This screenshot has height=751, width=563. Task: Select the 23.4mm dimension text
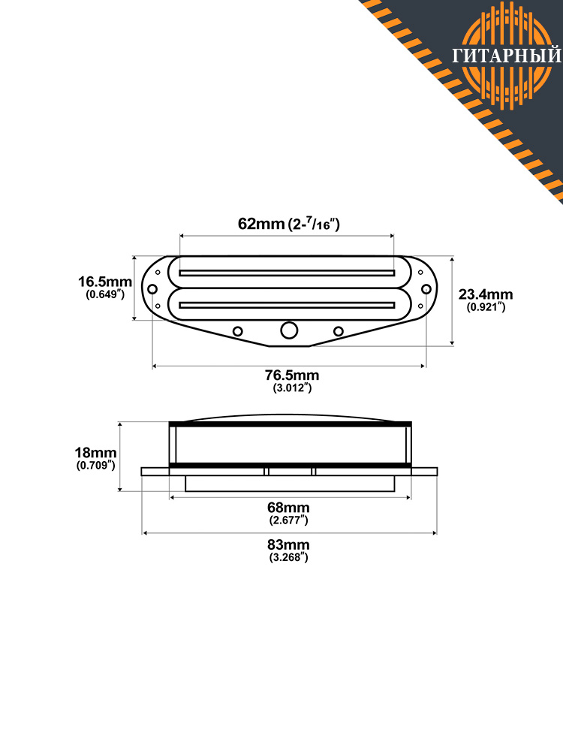486,294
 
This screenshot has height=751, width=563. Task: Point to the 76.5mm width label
292,375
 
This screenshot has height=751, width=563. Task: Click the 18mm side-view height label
95,453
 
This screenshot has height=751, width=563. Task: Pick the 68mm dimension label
288,507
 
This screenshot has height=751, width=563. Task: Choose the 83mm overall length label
288,544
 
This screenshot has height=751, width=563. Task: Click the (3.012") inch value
292,388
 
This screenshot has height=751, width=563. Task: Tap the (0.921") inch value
486,307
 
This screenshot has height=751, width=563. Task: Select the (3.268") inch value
288,557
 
